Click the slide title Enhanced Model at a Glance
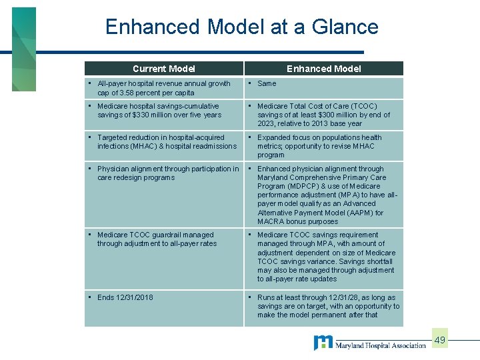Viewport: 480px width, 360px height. click(241, 27)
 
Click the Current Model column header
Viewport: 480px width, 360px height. click(163, 68)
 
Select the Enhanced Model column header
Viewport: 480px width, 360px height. click(323, 68)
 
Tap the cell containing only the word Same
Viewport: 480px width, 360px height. click(267, 84)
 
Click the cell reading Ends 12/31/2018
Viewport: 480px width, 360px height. click(125, 297)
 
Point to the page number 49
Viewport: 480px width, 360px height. click(439, 341)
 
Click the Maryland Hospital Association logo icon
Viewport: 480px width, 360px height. click(323, 343)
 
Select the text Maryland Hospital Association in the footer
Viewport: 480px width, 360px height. click(380, 345)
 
